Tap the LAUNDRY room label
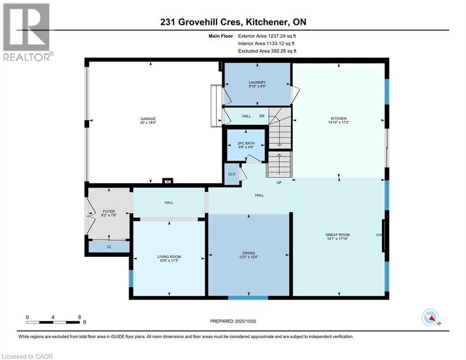click(257, 82)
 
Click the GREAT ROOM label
click(338, 235)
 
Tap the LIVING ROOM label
click(169, 257)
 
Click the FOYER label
click(109, 211)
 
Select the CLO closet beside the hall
click(231, 174)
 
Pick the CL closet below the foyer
click(109, 246)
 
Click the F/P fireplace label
click(379, 235)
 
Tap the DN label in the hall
click(261, 116)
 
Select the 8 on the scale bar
click(79, 317)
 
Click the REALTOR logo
click(26, 32)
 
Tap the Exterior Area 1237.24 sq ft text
click(267, 36)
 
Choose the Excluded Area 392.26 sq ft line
click(267, 51)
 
